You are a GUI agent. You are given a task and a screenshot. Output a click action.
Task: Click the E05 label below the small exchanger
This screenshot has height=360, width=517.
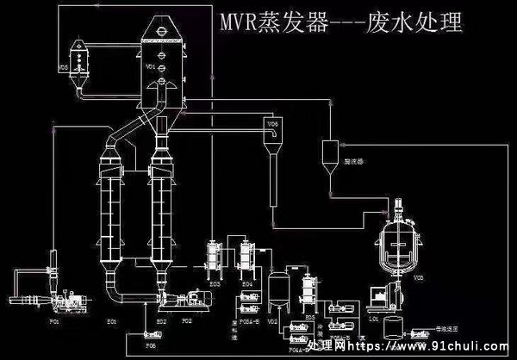(309, 318)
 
